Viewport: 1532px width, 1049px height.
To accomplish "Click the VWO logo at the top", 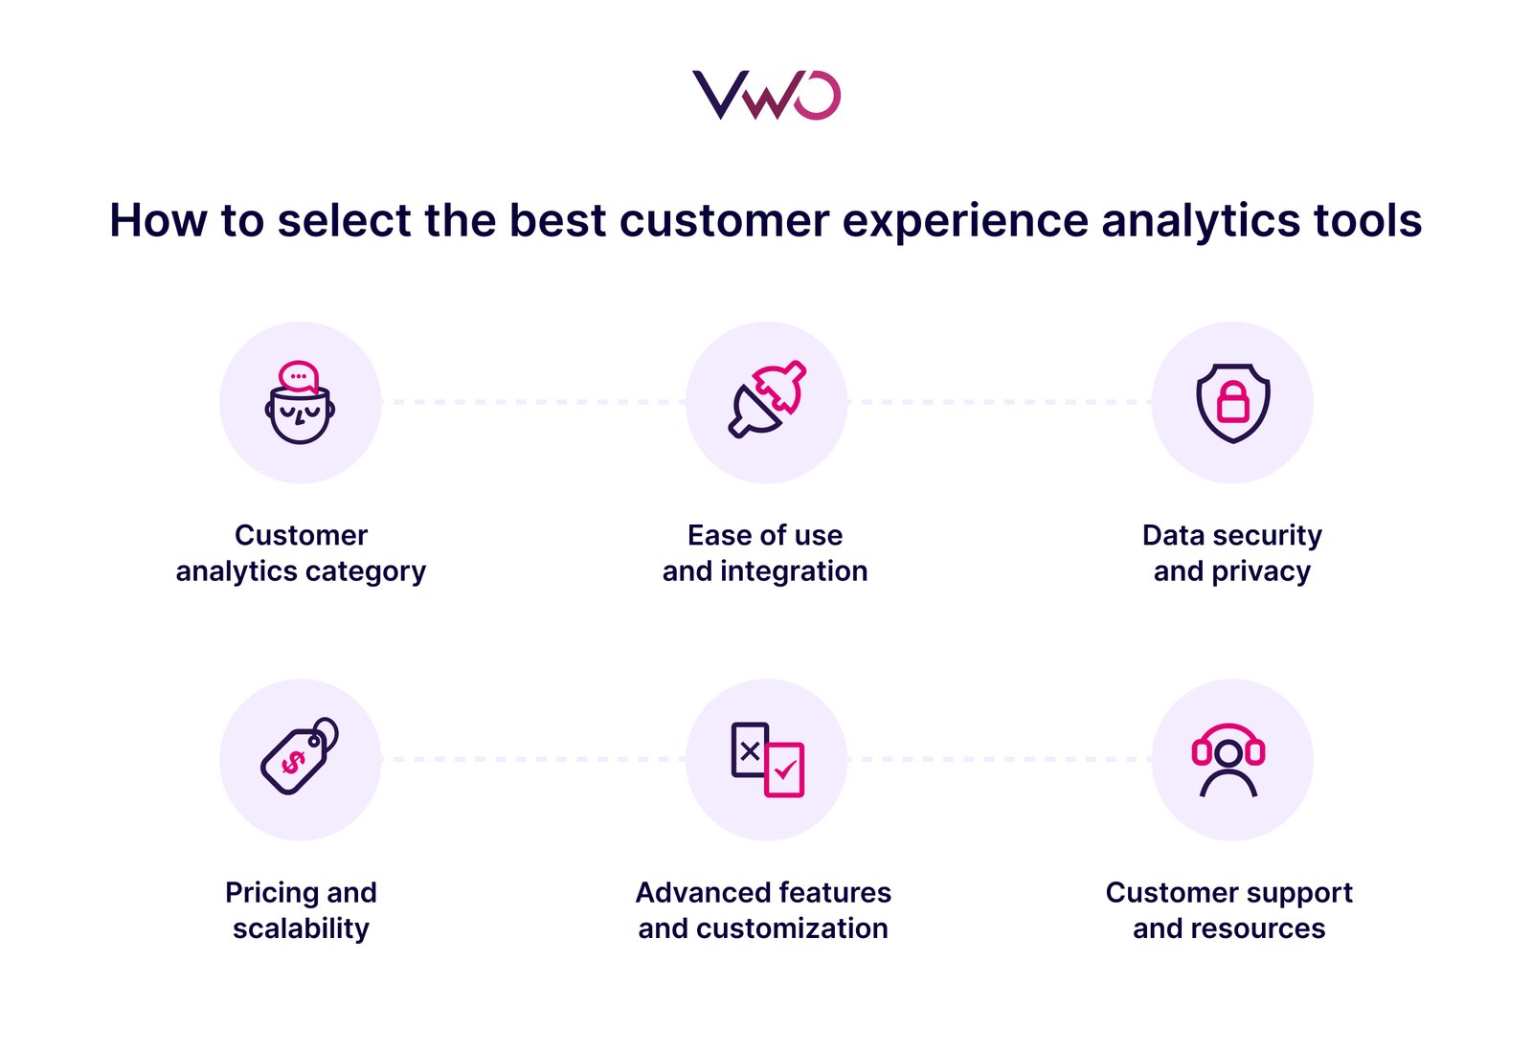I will pyautogui.click(x=766, y=95).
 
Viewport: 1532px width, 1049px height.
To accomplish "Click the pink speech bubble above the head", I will pyautogui.click(x=298, y=376).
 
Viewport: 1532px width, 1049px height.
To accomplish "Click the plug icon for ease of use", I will pyautogui.click(x=766, y=400).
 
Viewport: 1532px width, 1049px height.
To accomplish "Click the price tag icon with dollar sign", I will pyautogui.click(x=299, y=757).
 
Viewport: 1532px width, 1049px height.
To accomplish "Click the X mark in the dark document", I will pyautogui.click(x=750, y=751).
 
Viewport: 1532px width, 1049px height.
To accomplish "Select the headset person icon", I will pyautogui.click(x=1228, y=760).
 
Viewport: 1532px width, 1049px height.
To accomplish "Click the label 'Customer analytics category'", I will pyautogui.click(x=301, y=553).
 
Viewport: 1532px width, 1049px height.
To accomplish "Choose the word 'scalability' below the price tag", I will pyautogui.click(x=301, y=928).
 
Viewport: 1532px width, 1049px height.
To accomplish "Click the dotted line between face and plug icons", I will pyautogui.click(x=533, y=402).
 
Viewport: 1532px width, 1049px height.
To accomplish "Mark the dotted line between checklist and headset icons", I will pyautogui.click(x=1000, y=759).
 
